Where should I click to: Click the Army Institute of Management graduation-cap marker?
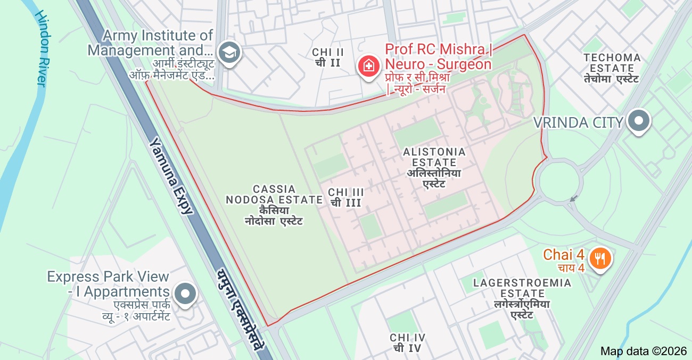(230, 52)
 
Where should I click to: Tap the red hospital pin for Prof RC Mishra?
(368, 66)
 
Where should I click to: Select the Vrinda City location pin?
(638, 121)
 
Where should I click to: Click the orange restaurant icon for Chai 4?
(600, 258)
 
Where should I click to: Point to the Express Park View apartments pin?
(185, 293)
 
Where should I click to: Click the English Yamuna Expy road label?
(171, 176)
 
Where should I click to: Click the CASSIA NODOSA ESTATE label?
(274, 194)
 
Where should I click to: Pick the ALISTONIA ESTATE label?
(434, 157)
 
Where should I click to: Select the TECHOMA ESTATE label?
(612, 63)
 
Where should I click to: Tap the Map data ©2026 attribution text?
(644, 351)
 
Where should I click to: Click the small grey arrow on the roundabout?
(573, 199)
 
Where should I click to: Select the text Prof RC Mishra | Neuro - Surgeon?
(438, 57)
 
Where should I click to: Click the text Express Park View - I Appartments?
(108, 284)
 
